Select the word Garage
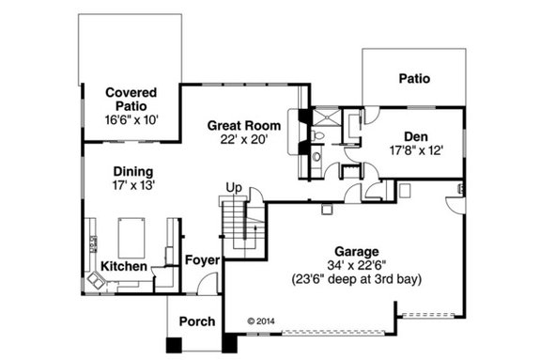click(x=354, y=251)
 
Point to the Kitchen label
click(x=123, y=267)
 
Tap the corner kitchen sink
click(x=97, y=278)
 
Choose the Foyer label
click(x=201, y=259)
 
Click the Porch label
click(x=196, y=321)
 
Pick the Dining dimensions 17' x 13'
click(x=133, y=186)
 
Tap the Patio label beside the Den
click(x=413, y=78)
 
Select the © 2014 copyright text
click(x=264, y=320)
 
